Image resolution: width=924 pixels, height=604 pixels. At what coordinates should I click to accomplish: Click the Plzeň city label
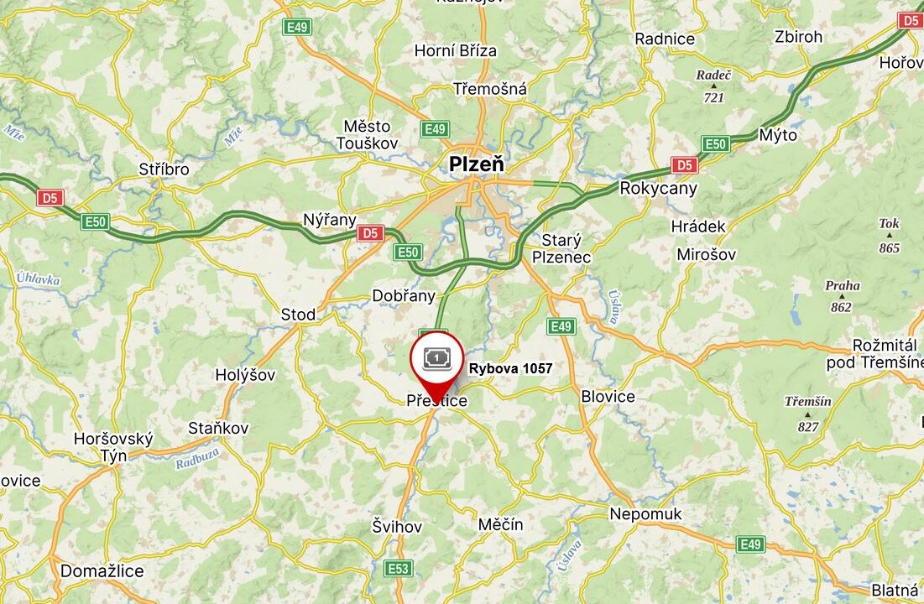coord(477,164)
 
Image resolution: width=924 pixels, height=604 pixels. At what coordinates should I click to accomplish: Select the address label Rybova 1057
coord(510,368)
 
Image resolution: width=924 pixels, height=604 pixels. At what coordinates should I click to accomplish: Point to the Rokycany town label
coord(658,188)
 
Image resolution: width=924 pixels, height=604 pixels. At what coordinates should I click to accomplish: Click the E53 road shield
coord(399,569)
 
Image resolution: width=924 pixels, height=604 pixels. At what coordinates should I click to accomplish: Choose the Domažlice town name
coord(102,571)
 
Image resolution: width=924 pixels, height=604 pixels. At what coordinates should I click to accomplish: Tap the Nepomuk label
coord(646,514)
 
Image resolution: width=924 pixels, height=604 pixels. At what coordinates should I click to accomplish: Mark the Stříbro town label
coord(164,169)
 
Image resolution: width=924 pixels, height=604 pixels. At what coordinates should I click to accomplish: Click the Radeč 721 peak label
coord(713,86)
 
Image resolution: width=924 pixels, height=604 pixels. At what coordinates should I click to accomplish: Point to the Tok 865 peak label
coord(889,236)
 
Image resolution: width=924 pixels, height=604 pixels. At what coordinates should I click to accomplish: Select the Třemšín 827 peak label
coord(808,414)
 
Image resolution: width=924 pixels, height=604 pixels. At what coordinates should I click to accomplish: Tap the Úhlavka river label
coord(38,279)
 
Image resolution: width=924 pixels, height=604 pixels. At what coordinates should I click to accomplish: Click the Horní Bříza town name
coord(456,51)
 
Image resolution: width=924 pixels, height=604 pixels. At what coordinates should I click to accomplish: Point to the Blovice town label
coord(608,396)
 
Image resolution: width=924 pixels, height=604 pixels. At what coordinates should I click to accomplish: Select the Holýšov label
coord(245,375)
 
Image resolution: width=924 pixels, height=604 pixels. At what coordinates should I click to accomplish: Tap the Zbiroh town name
coord(799,37)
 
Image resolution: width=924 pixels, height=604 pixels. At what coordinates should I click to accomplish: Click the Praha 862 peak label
coord(842,296)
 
